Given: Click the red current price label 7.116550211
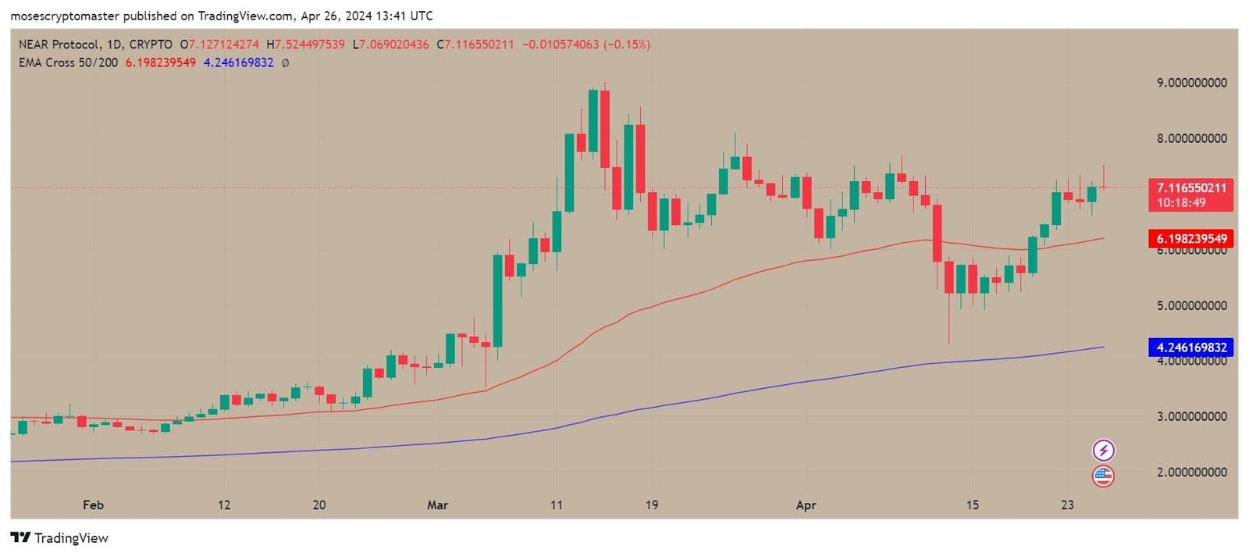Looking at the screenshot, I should coord(1190,188).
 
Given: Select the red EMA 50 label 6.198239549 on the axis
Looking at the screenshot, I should coord(1190,239).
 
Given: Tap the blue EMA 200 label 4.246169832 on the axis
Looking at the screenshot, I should coord(1190,347).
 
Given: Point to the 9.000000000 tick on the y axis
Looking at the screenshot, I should coord(1191,83).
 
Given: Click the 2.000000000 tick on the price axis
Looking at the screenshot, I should coord(1191,472).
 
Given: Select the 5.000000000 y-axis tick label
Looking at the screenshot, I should coord(1191,305).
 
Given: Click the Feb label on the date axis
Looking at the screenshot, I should coord(93,505).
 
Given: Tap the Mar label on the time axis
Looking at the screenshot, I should coord(437,505).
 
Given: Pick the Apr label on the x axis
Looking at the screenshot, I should coord(806,505).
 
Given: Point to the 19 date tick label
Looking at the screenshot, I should coord(651,505).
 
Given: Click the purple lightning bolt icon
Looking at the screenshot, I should coord(1103,451).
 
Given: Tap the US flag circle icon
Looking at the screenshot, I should coord(1103,476).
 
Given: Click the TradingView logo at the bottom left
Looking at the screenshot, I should coord(59,538).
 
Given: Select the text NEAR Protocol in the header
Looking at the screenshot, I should coord(59,45).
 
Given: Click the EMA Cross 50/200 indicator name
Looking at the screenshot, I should coord(68,62).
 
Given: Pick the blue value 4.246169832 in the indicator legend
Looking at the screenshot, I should coord(238,62).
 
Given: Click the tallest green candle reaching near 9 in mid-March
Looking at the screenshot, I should coord(593,121).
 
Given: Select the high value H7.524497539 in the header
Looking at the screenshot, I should coord(305,45).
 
